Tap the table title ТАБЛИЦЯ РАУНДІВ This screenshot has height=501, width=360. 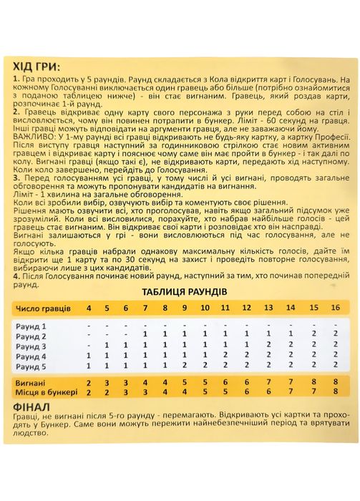coord(180,292)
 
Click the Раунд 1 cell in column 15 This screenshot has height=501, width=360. coord(313,325)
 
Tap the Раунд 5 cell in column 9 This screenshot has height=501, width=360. coord(185,366)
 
